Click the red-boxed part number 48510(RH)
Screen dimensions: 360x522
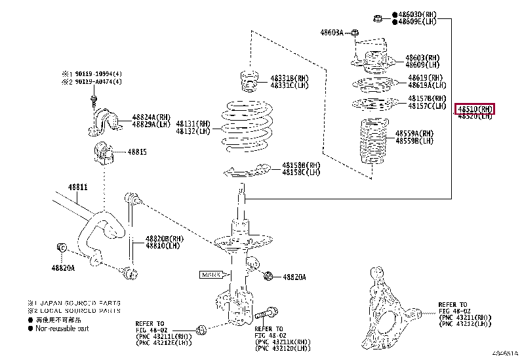pyautogui.click(x=475, y=109)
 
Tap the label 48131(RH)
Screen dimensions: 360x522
pyautogui.click(x=193, y=123)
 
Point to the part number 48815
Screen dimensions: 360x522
pyautogui.click(x=137, y=151)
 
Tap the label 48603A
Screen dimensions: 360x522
pyautogui.click(x=332, y=32)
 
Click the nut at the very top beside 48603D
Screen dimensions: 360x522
pyautogui.click(x=379, y=17)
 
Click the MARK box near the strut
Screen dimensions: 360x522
pyautogui.click(x=212, y=274)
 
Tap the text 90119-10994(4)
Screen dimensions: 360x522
pyautogui.click(x=95, y=74)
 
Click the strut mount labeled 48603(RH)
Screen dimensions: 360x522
pyautogui.click(x=372, y=58)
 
